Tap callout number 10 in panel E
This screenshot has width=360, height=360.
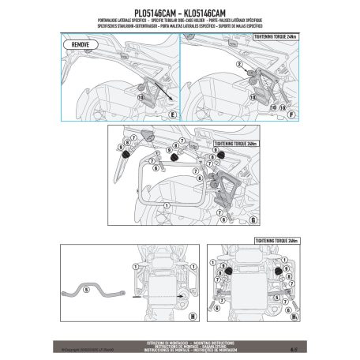point(141,96)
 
